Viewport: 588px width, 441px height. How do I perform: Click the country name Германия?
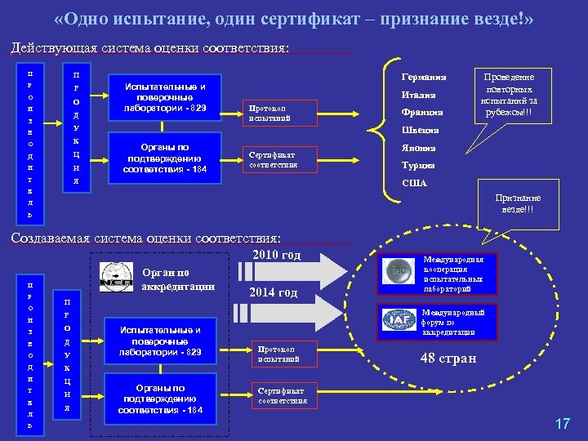[424, 78]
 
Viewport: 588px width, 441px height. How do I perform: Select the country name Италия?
[419, 95]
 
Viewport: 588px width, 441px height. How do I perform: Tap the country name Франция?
[422, 112]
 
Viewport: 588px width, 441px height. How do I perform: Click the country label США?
[415, 183]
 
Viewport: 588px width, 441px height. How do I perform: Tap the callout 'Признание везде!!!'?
[519, 204]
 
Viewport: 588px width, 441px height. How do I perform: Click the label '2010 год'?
[277, 255]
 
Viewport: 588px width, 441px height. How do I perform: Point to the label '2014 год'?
[273, 293]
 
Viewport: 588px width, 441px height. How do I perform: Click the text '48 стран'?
[448, 358]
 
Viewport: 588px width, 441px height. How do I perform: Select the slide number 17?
[562, 423]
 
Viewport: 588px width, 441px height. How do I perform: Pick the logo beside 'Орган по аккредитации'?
[116, 278]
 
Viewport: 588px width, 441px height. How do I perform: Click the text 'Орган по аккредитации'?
[177, 279]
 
